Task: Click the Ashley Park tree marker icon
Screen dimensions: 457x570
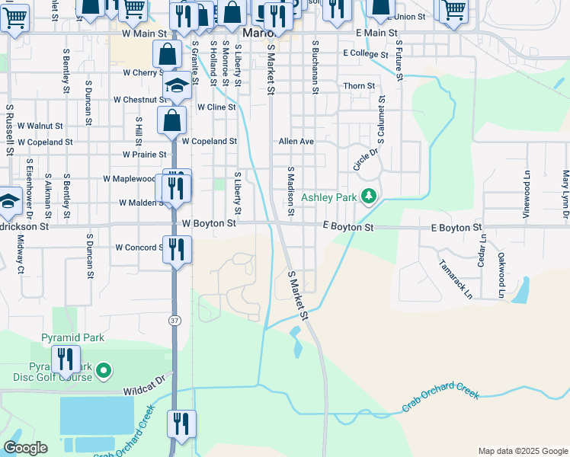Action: tap(369, 197)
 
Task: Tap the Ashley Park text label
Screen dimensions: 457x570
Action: tap(329, 197)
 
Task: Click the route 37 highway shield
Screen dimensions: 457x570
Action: tap(175, 321)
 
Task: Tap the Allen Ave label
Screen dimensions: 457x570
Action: tap(296, 142)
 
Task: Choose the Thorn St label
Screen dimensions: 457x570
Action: tap(359, 86)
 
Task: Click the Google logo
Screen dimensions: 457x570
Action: tap(24, 448)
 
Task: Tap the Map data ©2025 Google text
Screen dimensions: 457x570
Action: tap(522, 451)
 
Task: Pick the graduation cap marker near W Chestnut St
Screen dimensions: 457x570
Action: tap(177, 86)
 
